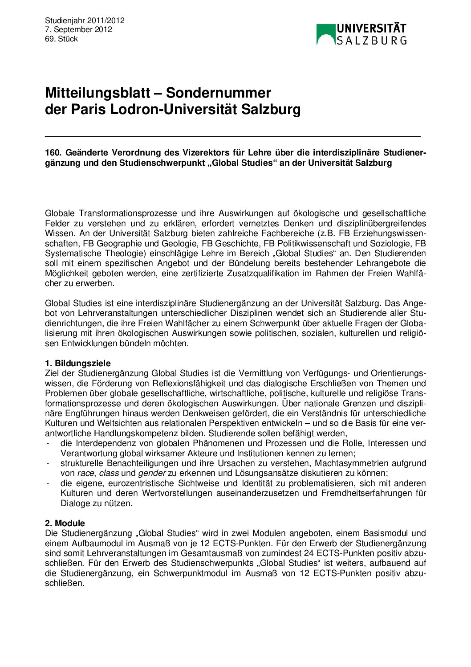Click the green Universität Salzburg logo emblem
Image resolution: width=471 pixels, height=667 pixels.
(325, 34)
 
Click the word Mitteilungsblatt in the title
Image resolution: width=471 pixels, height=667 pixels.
(97, 93)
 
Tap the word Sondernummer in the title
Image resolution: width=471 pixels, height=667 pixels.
(218, 93)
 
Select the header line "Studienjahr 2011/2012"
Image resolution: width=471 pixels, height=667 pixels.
(85, 20)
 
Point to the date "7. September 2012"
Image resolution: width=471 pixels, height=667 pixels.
(78, 30)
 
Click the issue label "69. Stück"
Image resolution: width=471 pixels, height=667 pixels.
(61, 39)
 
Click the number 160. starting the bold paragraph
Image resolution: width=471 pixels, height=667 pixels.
(53, 153)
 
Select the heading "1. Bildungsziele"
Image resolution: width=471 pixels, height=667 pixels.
(78, 364)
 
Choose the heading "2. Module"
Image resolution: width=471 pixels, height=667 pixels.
(65, 524)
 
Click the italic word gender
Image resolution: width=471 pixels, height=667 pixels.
(152, 473)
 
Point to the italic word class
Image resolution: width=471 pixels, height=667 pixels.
(109, 473)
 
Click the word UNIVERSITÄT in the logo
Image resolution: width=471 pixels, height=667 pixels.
(371, 29)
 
